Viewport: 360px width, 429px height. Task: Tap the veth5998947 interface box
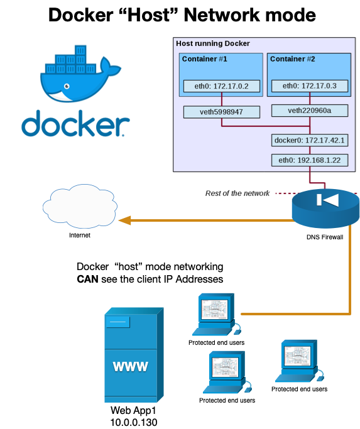click(x=222, y=112)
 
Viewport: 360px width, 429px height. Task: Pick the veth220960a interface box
click(x=310, y=111)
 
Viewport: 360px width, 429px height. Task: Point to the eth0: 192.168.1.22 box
click(x=310, y=160)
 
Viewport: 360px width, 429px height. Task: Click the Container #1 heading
click(x=204, y=59)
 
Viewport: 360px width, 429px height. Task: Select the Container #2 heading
click(x=292, y=59)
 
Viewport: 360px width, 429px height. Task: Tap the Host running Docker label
click(x=213, y=44)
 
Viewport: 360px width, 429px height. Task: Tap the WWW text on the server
click(x=131, y=366)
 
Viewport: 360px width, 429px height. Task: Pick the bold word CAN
click(x=88, y=278)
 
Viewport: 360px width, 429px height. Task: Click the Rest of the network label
click(x=237, y=193)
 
